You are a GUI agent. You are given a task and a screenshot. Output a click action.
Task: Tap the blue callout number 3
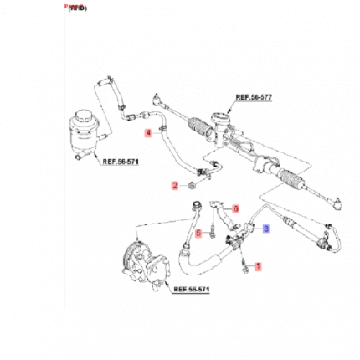click(265, 227)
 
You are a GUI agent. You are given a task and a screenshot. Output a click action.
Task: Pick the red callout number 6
click(235, 208)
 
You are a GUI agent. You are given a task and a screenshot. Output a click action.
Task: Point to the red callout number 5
click(198, 234)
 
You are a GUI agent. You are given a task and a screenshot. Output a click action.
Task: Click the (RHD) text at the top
click(75, 7)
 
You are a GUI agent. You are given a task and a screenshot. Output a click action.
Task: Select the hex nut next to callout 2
click(191, 184)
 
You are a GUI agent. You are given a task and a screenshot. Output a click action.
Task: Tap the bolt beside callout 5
click(213, 229)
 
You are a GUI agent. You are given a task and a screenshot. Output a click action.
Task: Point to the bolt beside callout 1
click(244, 265)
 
